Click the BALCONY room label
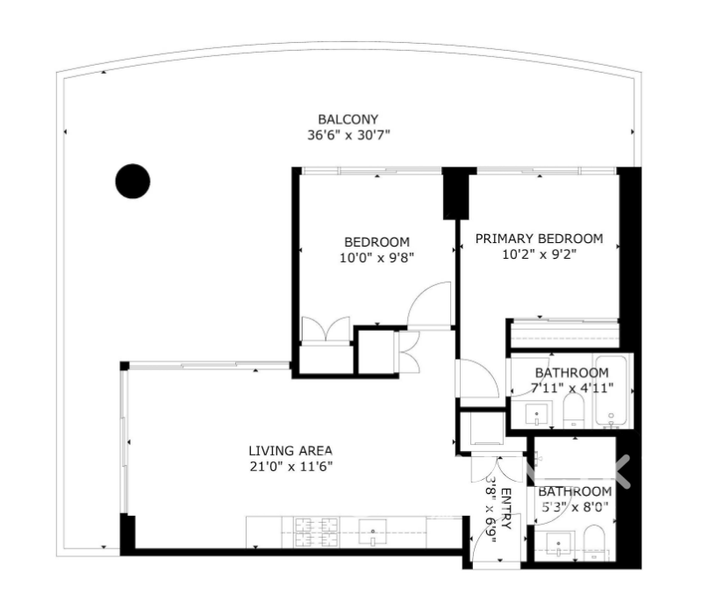(347, 119)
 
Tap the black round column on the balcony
(133, 181)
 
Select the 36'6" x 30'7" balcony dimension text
(348, 135)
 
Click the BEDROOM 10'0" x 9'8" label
(376, 250)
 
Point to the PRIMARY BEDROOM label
(539, 239)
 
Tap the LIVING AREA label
(290, 450)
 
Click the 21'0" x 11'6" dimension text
(291, 467)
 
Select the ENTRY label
(505, 509)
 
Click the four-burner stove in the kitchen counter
(316, 533)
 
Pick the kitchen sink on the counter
(372, 533)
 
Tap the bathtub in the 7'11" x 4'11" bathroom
(611, 391)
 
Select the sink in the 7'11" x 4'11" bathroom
(537, 415)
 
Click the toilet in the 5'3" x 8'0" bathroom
(594, 542)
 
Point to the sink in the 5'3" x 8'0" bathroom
(558, 545)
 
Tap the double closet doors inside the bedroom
(326, 330)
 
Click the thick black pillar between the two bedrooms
(456, 193)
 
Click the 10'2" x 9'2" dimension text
(539, 254)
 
